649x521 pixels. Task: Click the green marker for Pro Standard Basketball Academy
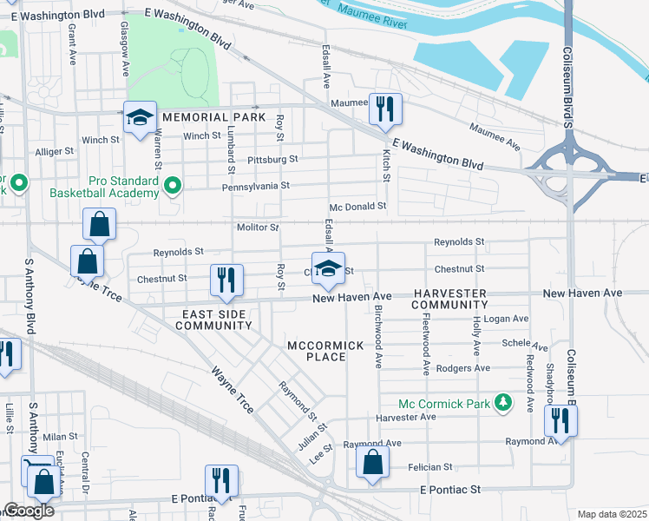pyautogui.click(x=173, y=184)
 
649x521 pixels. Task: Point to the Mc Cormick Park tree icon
pyautogui.click(x=502, y=403)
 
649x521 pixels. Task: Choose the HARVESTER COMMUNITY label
pyautogui.click(x=449, y=300)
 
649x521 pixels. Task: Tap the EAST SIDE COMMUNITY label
pyautogui.click(x=213, y=319)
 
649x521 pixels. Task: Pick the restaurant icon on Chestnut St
pyautogui.click(x=225, y=280)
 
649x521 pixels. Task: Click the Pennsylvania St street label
pyautogui.click(x=255, y=186)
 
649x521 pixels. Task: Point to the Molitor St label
pyautogui.click(x=257, y=228)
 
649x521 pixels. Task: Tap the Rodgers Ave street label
pyautogui.click(x=463, y=368)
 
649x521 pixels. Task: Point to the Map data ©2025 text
pyautogui.click(x=612, y=514)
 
